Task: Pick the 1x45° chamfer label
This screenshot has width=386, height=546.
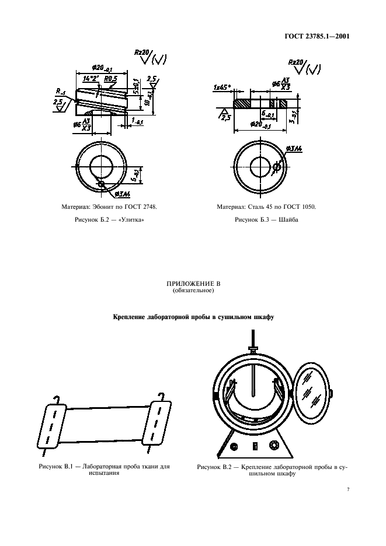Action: [x=222, y=87]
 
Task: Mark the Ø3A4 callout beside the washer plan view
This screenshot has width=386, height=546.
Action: [x=295, y=150]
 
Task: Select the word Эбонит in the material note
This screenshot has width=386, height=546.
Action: [x=106, y=207]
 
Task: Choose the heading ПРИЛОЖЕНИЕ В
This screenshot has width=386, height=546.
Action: [x=193, y=284]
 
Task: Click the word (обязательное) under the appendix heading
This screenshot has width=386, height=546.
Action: [x=193, y=290]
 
